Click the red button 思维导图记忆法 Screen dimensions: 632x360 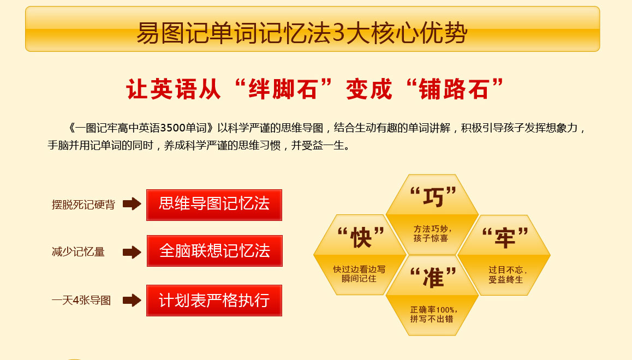214,205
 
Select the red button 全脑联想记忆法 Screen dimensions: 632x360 214,251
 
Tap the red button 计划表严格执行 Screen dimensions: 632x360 214,301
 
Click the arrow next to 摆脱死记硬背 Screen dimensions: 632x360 132,204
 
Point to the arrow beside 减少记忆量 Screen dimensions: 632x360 132,252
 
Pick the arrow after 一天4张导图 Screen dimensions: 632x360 132,300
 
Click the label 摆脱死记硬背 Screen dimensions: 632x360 84,205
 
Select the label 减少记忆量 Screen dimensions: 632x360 78,252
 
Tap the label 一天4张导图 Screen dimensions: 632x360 81,301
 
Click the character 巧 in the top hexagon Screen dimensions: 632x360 433,197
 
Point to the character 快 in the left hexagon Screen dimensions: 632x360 361,237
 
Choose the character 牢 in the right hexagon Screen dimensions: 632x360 505,238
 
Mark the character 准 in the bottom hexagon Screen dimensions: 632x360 433,278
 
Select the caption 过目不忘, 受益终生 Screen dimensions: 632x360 507,274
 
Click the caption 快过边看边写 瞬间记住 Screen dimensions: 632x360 359,274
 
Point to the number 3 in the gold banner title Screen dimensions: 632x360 338,33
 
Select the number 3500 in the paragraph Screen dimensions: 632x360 173,128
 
